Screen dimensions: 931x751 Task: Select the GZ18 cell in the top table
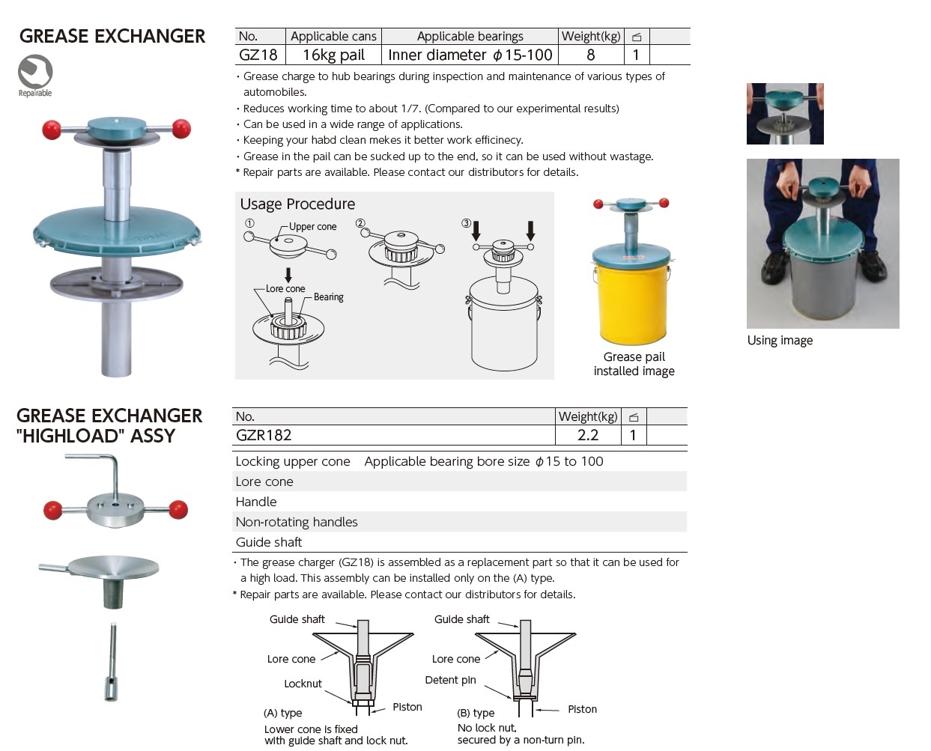pos(258,55)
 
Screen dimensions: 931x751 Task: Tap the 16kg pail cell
pos(333,55)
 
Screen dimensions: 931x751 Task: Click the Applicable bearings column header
pos(470,37)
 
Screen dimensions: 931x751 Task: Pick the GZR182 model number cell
pos(264,435)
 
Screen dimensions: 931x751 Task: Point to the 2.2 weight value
pos(588,435)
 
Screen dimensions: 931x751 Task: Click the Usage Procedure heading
pos(297,204)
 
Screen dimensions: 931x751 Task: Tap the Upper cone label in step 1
pos(312,227)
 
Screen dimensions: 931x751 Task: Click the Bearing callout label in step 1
pos(328,297)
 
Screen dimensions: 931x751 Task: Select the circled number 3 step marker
pos(466,223)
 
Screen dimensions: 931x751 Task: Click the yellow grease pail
pos(631,300)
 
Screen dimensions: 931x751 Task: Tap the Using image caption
pos(780,341)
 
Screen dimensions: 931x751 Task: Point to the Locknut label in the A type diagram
pos(303,684)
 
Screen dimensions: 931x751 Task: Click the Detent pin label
pos(450,680)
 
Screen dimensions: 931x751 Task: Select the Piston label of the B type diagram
pos(582,709)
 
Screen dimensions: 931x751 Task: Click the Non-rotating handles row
pos(459,522)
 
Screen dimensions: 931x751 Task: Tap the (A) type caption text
pos(283,713)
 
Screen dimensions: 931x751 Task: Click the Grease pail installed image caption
pos(634,364)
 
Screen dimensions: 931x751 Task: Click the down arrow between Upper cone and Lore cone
pos(288,275)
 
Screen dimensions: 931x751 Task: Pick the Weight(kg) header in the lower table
pos(588,416)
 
